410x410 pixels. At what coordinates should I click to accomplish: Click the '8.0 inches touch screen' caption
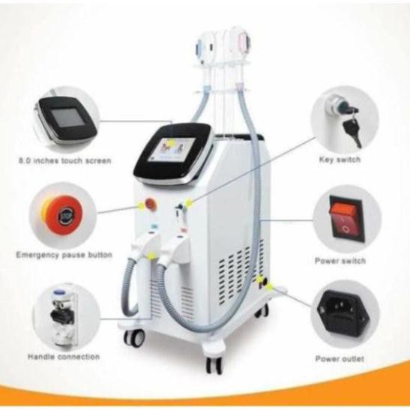pos(65,160)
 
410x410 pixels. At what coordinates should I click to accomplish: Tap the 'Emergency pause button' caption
pos(64,255)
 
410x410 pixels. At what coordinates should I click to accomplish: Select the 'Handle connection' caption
pos(64,357)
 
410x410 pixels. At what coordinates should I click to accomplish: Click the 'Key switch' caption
pos(340,159)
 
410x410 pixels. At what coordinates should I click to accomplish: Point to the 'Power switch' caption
pos(340,261)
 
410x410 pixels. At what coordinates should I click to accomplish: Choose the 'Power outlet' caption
pos(340,359)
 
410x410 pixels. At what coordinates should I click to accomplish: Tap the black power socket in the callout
pos(343,313)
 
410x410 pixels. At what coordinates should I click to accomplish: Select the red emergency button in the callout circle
pos(64,215)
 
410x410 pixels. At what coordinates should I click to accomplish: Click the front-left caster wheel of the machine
pos(134,337)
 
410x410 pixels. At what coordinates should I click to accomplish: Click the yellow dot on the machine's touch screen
pos(171,142)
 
